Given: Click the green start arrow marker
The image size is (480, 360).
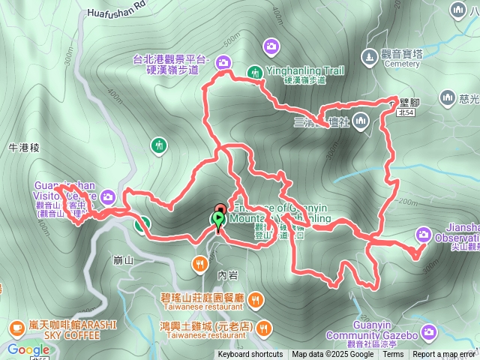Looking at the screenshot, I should [x=218, y=220].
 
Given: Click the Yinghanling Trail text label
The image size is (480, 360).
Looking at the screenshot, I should [x=304, y=70].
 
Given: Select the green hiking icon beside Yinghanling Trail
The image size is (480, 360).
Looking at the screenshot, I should [x=253, y=71].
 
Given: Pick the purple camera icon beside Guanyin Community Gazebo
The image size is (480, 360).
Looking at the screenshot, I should [x=428, y=331].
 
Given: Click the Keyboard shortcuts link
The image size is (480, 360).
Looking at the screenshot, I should [x=250, y=355].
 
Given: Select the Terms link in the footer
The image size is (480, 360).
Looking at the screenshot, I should [x=393, y=355].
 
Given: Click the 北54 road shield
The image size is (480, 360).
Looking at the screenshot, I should [x=406, y=112].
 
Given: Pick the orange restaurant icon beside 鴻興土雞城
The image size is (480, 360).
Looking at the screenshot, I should [x=263, y=327].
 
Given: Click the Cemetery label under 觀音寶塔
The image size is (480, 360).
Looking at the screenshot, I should [x=401, y=64].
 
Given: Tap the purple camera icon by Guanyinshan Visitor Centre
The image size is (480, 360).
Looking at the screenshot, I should [x=108, y=196].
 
